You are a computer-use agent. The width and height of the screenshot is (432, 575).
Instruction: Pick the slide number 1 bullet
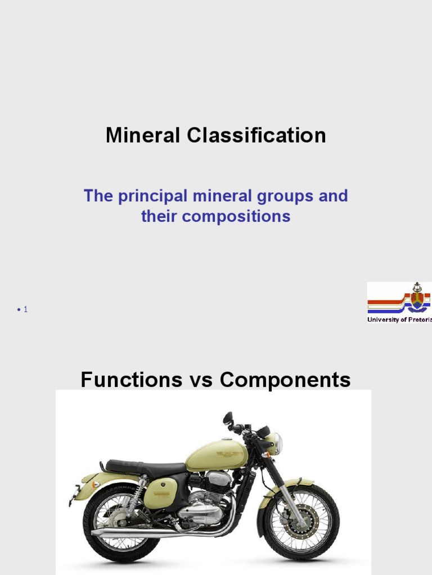(x=22, y=309)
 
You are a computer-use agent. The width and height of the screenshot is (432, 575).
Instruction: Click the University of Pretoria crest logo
(x=416, y=298)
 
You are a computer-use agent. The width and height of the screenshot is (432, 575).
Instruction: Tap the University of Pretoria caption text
(x=399, y=320)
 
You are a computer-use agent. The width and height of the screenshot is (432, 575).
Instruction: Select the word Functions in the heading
(x=131, y=380)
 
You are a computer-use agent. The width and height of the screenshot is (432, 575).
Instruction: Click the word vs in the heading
(x=200, y=380)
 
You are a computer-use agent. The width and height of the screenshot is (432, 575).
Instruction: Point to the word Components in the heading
(x=285, y=380)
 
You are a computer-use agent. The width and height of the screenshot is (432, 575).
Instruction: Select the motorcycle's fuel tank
(x=217, y=455)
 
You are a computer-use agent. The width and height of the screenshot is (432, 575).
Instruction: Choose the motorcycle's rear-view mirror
(x=228, y=418)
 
